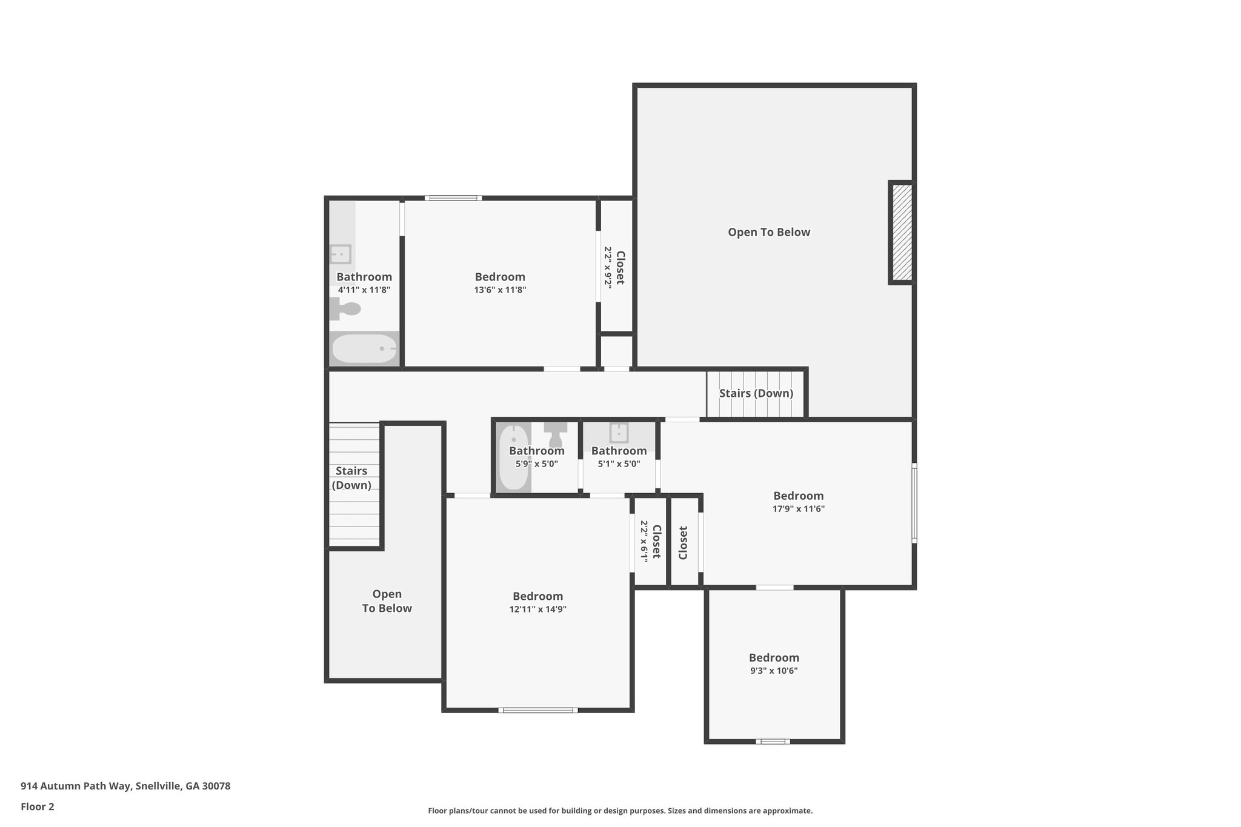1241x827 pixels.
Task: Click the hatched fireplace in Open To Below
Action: [x=902, y=233]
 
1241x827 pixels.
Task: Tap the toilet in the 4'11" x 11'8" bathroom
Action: [x=345, y=309]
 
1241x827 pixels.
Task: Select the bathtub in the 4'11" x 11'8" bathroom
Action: [x=364, y=349]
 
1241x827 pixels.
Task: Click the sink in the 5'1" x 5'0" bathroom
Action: [x=619, y=433]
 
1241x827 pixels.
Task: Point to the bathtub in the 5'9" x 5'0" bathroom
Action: [x=514, y=457]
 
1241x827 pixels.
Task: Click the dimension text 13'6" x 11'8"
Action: [x=500, y=290]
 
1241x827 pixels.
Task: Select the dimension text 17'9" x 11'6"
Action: [x=799, y=509]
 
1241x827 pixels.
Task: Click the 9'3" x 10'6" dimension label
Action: [x=774, y=671]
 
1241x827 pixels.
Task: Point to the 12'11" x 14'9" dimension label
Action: [x=538, y=609]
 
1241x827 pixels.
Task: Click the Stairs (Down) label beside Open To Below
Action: [x=756, y=393]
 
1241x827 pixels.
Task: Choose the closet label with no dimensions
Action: [x=683, y=542]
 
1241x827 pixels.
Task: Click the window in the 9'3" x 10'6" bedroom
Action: [x=773, y=741]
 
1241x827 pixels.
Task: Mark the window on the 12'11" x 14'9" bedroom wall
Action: [x=538, y=710]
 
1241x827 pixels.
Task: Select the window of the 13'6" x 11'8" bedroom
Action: [x=453, y=198]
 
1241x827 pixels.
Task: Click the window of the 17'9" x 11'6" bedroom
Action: [x=914, y=502]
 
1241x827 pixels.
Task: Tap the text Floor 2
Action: [x=38, y=806]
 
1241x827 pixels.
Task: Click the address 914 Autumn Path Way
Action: [x=76, y=786]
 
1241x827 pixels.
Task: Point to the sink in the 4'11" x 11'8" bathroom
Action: [x=341, y=254]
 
